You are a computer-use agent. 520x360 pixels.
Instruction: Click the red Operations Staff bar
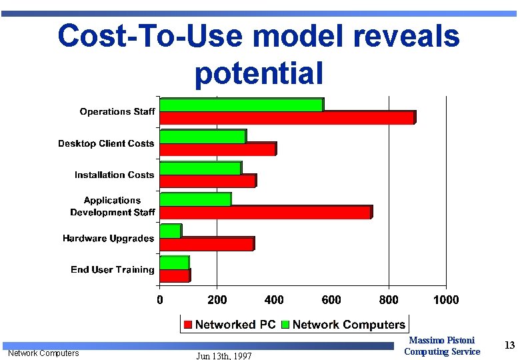tap(287, 118)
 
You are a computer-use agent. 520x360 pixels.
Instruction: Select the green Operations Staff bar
tap(241, 105)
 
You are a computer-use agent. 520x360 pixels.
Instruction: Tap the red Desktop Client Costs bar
tap(217, 149)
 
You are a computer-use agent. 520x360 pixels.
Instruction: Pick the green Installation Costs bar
tap(200, 168)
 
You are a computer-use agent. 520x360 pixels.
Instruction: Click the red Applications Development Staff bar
tap(265, 212)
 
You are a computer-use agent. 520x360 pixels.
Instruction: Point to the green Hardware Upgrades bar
tap(170, 231)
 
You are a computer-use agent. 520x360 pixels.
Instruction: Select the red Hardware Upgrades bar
tap(207, 244)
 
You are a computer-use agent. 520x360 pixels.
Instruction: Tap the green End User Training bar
tap(174, 263)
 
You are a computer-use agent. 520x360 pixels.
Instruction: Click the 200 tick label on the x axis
tap(217, 300)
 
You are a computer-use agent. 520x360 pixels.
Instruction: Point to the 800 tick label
tap(389, 300)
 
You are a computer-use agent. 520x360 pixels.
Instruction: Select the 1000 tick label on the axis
tap(446, 300)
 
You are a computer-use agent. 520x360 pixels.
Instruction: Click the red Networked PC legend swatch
tap(189, 325)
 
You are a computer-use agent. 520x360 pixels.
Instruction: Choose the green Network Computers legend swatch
tap(286, 325)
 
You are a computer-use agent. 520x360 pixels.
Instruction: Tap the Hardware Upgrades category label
tap(108, 238)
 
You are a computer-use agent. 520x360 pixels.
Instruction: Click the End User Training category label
tap(112, 269)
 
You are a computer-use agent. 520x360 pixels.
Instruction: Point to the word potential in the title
tap(259, 73)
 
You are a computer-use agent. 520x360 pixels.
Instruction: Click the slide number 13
tap(510, 345)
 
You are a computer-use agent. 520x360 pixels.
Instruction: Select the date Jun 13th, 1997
tap(224, 356)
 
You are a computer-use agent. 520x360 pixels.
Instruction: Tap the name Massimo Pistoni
tap(442, 341)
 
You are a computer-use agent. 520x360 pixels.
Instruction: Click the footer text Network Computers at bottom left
tap(43, 353)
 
